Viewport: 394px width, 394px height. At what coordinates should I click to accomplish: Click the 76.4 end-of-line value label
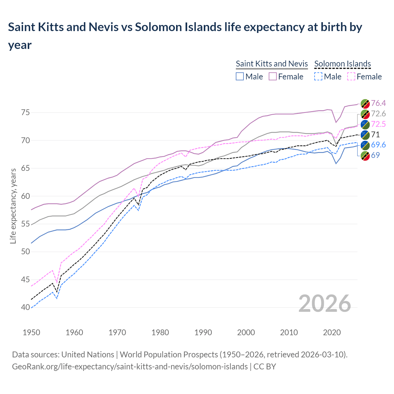tap(378, 103)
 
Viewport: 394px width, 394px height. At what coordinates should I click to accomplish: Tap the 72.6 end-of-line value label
tap(378, 114)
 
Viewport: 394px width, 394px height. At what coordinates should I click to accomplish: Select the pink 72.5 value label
tap(378, 124)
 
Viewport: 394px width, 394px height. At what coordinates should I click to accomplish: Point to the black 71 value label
tap(376, 135)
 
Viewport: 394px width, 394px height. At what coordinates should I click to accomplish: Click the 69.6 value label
tap(378, 145)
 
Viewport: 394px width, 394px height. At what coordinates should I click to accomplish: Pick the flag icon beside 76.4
tap(365, 103)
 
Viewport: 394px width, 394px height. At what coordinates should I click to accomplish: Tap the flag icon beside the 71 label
tap(365, 135)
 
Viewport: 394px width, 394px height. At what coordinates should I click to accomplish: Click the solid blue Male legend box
tap(240, 76)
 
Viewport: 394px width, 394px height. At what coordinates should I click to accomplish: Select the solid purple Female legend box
tap(273, 76)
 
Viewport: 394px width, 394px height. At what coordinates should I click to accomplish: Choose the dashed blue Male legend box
tap(318, 76)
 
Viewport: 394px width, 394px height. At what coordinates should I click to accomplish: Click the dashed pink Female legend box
tap(351, 76)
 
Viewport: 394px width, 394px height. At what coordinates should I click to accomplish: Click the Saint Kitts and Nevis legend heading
tap(272, 64)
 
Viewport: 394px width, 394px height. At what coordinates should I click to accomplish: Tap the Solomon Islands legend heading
tap(343, 64)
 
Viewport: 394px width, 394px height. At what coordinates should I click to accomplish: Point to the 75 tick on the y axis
tap(25, 113)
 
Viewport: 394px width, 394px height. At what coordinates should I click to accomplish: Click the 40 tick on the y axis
tap(25, 308)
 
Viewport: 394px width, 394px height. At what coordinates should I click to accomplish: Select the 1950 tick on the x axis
tap(31, 332)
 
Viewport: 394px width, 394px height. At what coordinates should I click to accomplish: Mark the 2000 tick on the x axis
tap(246, 332)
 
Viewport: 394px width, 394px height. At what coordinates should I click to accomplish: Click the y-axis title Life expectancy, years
tap(13, 206)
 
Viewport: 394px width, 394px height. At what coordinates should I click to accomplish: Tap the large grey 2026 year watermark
tap(325, 304)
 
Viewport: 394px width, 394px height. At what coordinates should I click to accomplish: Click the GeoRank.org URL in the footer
tap(130, 367)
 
